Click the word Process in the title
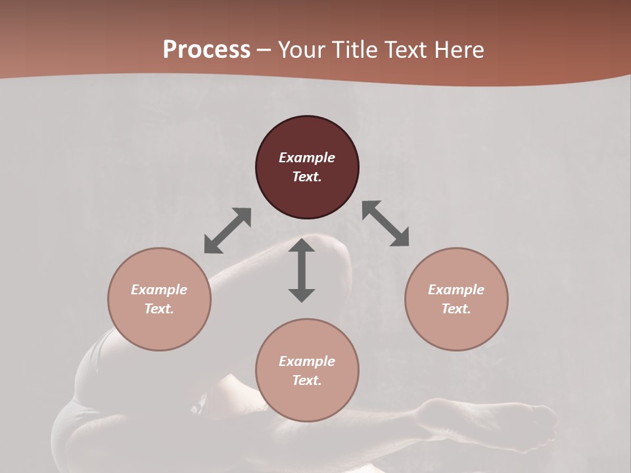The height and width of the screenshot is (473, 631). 206,50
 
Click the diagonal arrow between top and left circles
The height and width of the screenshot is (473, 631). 227,231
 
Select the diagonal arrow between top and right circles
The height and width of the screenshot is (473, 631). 386,223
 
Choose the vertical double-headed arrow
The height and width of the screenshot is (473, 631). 302,270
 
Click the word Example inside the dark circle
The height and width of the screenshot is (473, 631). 307,158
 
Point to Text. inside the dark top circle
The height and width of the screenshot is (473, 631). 307,177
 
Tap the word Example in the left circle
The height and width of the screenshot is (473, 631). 159,290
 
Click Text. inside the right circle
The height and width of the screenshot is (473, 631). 456,309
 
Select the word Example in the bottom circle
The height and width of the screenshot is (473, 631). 307,361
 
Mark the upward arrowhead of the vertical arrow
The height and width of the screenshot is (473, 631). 302,246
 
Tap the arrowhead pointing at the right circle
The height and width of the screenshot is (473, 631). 400,238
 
